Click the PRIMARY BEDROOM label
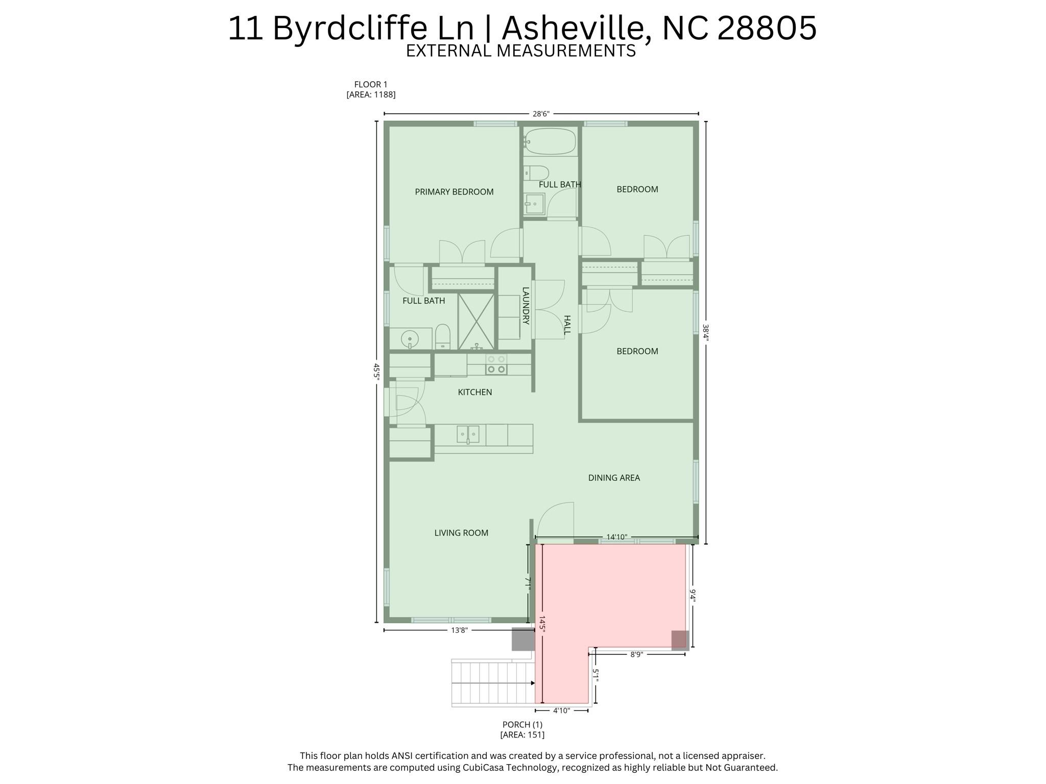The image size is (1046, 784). [454, 192]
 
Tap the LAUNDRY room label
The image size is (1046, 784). [525, 306]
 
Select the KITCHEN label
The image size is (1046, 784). [474, 392]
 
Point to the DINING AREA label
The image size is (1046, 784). [614, 478]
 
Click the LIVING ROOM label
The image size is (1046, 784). [461, 533]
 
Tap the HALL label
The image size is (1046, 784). [567, 325]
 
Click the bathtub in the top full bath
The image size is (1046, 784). [550, 140]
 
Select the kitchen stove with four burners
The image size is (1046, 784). [496, 364]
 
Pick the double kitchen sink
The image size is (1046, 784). [468, 434]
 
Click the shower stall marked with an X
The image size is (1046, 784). [476, 321]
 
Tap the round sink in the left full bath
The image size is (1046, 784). [410, 338]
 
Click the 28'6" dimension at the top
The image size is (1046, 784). [540, 114]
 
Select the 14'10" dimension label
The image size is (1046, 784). [616, 537]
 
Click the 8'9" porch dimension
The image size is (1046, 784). [636, 654]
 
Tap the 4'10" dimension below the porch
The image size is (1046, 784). [561, 710]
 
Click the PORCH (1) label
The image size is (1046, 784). [522, 724]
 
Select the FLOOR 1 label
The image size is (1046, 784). [371, 84]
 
